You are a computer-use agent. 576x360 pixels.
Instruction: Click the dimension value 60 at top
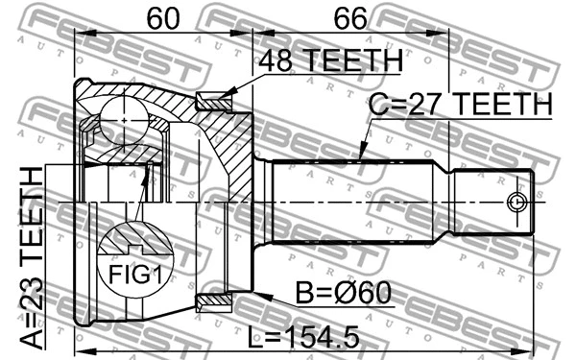point(163,19)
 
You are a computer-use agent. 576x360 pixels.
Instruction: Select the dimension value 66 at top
point(349,19)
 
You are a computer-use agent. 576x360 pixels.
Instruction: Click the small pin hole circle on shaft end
point(516,203)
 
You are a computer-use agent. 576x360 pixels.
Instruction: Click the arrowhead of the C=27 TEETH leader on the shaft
point(361,156)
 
